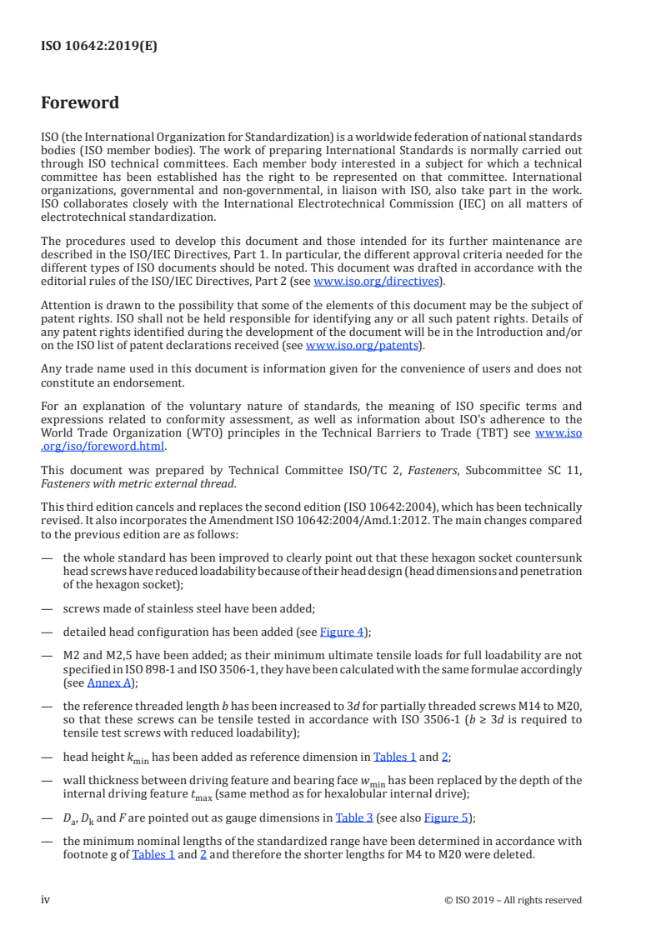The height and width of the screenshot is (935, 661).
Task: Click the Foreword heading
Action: [80, 103]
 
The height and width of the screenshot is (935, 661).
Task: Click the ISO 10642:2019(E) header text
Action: [99, 47]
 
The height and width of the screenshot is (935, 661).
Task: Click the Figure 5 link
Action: [446, 817]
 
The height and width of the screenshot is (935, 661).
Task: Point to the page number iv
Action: [46, 900]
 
